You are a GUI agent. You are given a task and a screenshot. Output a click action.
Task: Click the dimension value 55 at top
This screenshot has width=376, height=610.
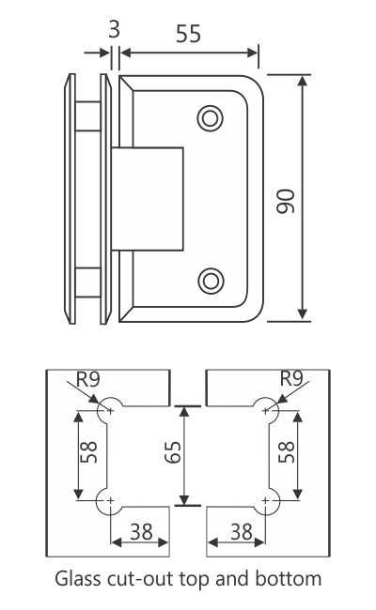click(x=189, y=35)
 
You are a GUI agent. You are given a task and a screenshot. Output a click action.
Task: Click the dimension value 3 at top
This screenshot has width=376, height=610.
click(x=114, y=29)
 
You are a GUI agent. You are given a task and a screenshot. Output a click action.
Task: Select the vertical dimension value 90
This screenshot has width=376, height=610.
click(x=288, y=200)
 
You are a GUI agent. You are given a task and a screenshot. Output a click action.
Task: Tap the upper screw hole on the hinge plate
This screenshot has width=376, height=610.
click(x=210, y=118)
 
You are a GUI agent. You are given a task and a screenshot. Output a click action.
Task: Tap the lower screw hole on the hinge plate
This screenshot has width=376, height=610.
click(x=211, y=280)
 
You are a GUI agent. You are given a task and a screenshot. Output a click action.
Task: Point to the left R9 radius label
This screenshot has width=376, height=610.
click(x=87, y=379)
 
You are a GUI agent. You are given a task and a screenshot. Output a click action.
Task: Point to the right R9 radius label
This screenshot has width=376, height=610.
click(x=293, y=379)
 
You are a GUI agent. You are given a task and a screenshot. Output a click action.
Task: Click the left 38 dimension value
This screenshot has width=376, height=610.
click(x=140, y=532)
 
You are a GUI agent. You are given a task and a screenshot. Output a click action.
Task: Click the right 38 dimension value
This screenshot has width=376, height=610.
click(x=242, y=532)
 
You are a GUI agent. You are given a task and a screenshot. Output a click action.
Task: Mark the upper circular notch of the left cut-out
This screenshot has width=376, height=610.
click(x=111, y=407)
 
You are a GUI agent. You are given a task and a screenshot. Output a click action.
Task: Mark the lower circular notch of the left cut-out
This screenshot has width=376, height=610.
click(x=111, y=501)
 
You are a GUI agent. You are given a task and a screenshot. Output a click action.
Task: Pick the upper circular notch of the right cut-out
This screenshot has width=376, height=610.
click(x=267, y=407)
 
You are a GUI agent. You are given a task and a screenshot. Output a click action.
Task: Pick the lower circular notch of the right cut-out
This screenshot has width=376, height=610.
click(x=267, y=501)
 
